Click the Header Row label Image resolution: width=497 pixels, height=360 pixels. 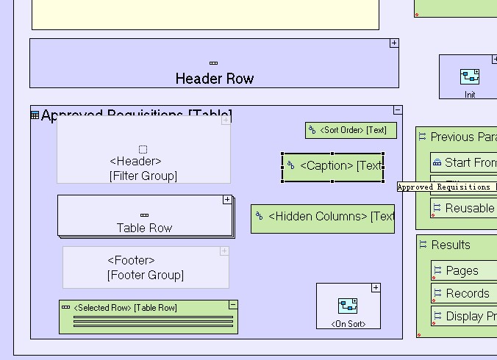tap(214, 79)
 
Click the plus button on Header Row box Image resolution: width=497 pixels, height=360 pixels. tap(394, 43)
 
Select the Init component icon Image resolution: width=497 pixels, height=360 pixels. tap(470, 77)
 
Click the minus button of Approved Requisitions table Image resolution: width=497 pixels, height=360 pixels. tap(398, 110)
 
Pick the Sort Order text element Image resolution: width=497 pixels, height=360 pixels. tap(351, 130)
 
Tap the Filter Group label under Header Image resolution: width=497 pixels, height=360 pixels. tap(143, 176)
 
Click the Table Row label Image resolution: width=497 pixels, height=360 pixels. tap(144, 228)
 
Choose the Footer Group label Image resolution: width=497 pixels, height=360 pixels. tap(145, 276)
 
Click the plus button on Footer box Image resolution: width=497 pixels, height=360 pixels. tap(224, 251)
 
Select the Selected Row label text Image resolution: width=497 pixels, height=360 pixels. tap(125, 308)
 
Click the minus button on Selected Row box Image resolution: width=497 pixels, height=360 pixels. tap(233, 305)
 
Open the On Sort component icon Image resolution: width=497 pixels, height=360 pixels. tap(348, 306)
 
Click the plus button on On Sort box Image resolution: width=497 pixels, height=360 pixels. tap(376, 288)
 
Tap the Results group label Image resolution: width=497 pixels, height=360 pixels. tap(450, 245)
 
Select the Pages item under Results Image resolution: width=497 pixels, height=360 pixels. tap(462, 271)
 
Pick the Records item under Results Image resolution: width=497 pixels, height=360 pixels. tap(467, 294)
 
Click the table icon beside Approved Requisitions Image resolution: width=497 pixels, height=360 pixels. tap(35, 115)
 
